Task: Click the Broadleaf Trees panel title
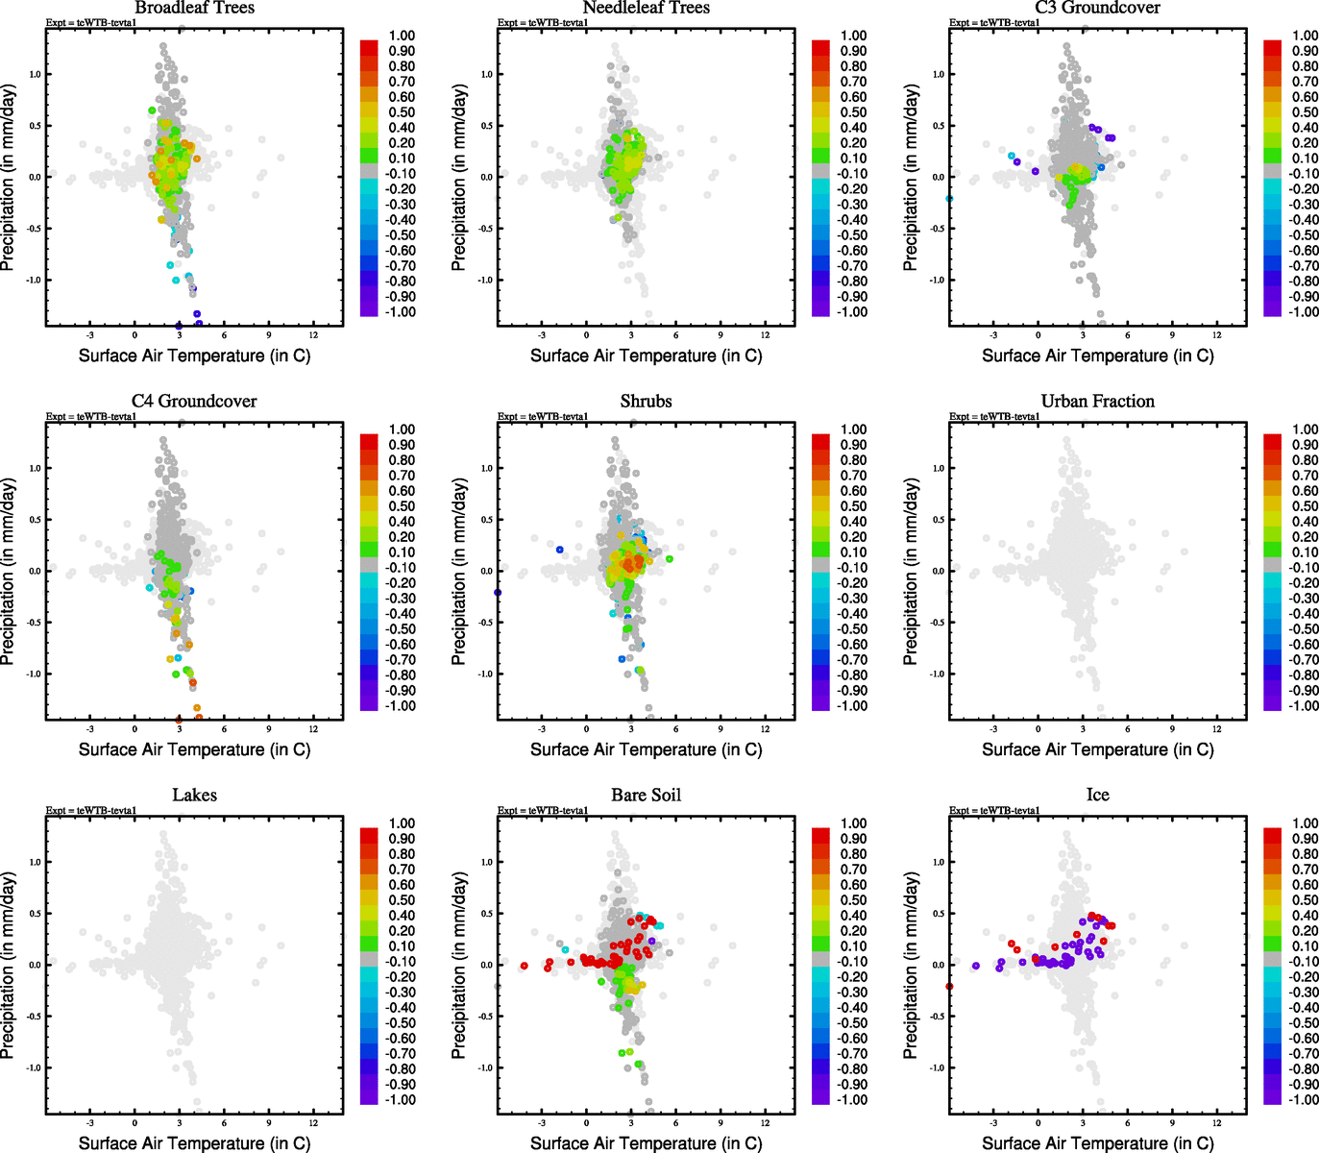(194, 8)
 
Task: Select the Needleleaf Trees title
(646, 8)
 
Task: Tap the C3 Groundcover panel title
(1097, 8)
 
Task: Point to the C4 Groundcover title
(194, 402)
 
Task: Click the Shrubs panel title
(646, 402)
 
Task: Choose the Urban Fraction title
(1097, 402)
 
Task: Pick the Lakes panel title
(194, 796)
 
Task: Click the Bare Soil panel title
(646, 796)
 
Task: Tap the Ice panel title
(1097, 796)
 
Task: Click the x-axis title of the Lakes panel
(194, 1143)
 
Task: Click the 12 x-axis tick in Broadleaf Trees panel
(314, 335)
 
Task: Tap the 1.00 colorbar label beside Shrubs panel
(854, 429)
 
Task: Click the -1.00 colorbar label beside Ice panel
(1304, 1100)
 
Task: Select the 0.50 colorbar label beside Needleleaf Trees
(854, 112)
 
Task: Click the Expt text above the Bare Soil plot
(543, 811)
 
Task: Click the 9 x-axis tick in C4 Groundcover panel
(269, 729)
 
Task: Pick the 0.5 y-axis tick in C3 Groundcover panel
(939, 126)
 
